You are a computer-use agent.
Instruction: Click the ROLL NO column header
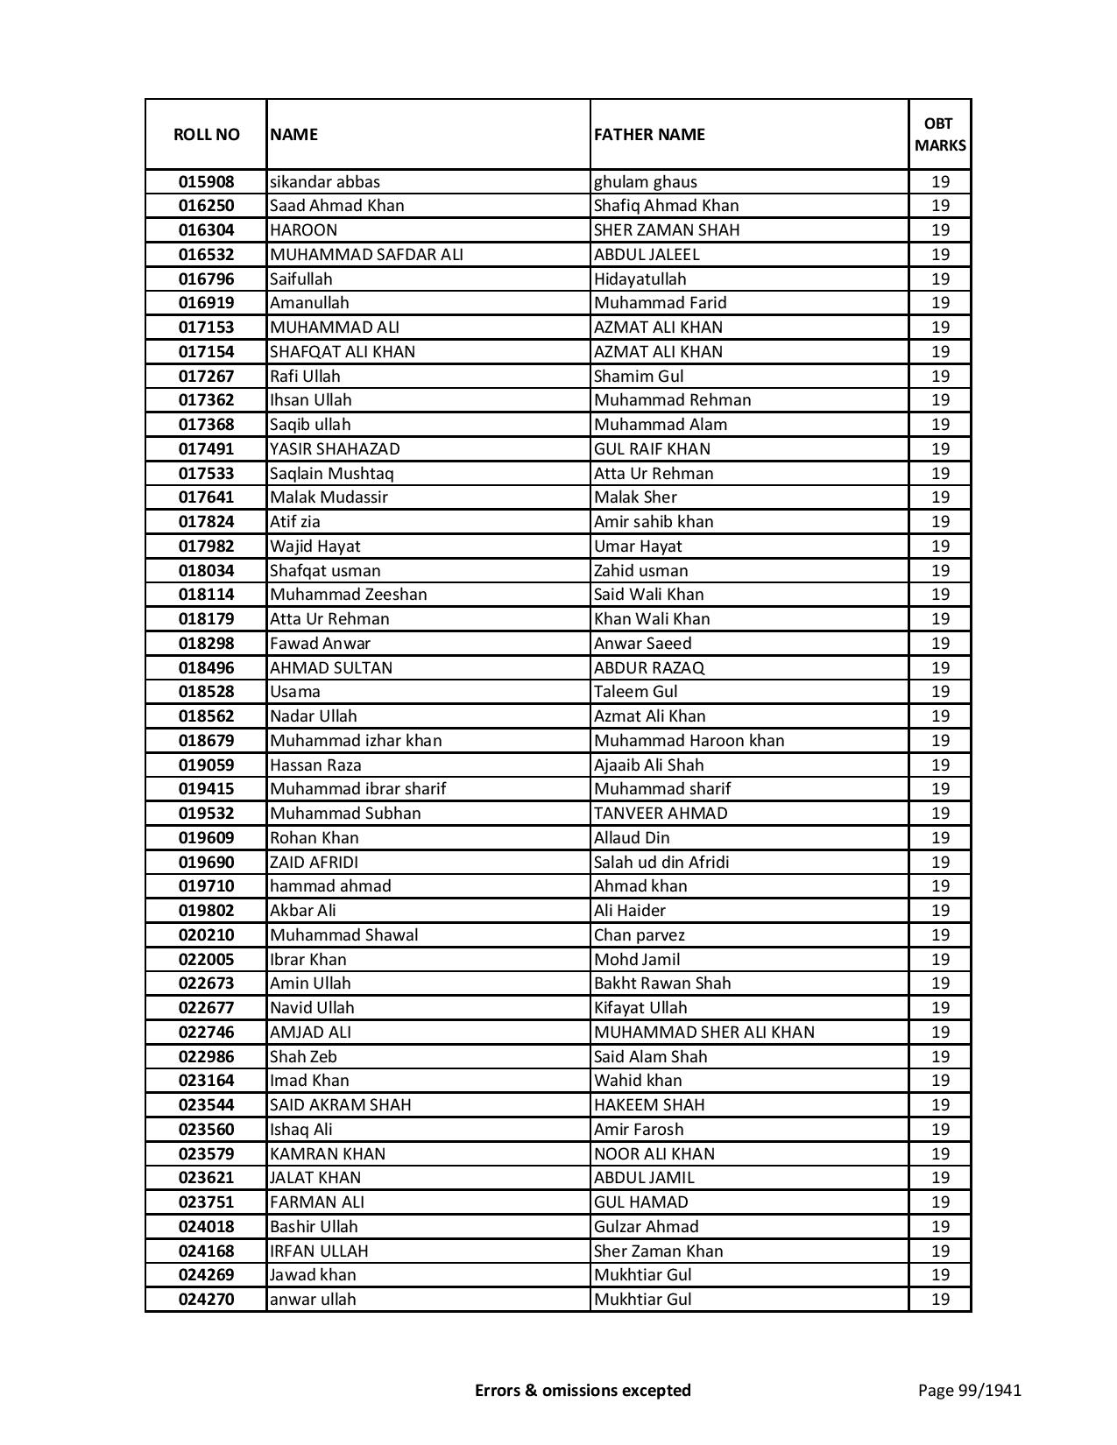coord(206,134)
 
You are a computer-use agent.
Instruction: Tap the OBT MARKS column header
coord(940,134)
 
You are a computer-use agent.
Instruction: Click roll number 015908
coord(206,182)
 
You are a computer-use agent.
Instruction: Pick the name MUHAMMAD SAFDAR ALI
coord(366,255)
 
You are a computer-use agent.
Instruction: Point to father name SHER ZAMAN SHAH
coord(667,230)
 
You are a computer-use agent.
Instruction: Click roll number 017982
coord(206,546)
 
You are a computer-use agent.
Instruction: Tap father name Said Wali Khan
coord(648,595)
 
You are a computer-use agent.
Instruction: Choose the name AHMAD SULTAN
coord(331,667)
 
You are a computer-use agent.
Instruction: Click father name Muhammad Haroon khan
coord(689,741)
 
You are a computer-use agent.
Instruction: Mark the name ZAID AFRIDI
coord(314,863)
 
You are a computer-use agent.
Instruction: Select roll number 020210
coord(206,935)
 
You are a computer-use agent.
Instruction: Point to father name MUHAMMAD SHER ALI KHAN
coord(703,1033)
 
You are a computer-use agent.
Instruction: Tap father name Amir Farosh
coord(638,1130)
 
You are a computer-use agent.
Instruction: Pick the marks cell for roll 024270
coord(940,1300)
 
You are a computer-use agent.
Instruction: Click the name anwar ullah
coord(313,1300)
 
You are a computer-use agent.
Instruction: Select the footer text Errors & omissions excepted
coord(583,1390)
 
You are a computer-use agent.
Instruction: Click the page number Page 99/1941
coord(969,1390)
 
